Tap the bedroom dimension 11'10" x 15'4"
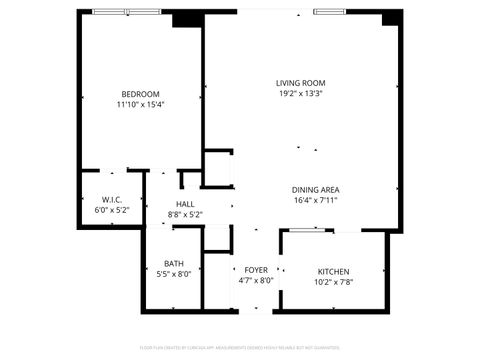(139, 104)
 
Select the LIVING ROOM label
(301, 83)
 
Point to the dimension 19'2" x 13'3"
(301, 94)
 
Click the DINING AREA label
(316, 190)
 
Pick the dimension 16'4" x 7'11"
(316, 200)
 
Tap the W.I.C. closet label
(112, 199)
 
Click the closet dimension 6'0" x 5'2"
(112, 210)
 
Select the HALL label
(185, 204)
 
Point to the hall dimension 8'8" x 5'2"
(185, 214)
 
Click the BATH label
(174, 264)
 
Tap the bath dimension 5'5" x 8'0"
(174, 274)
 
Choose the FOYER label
(256, 270)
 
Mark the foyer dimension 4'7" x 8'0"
(256, 281)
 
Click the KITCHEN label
(334, 271)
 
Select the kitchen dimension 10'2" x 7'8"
(334, 282)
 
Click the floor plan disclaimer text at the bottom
(240, 349)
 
